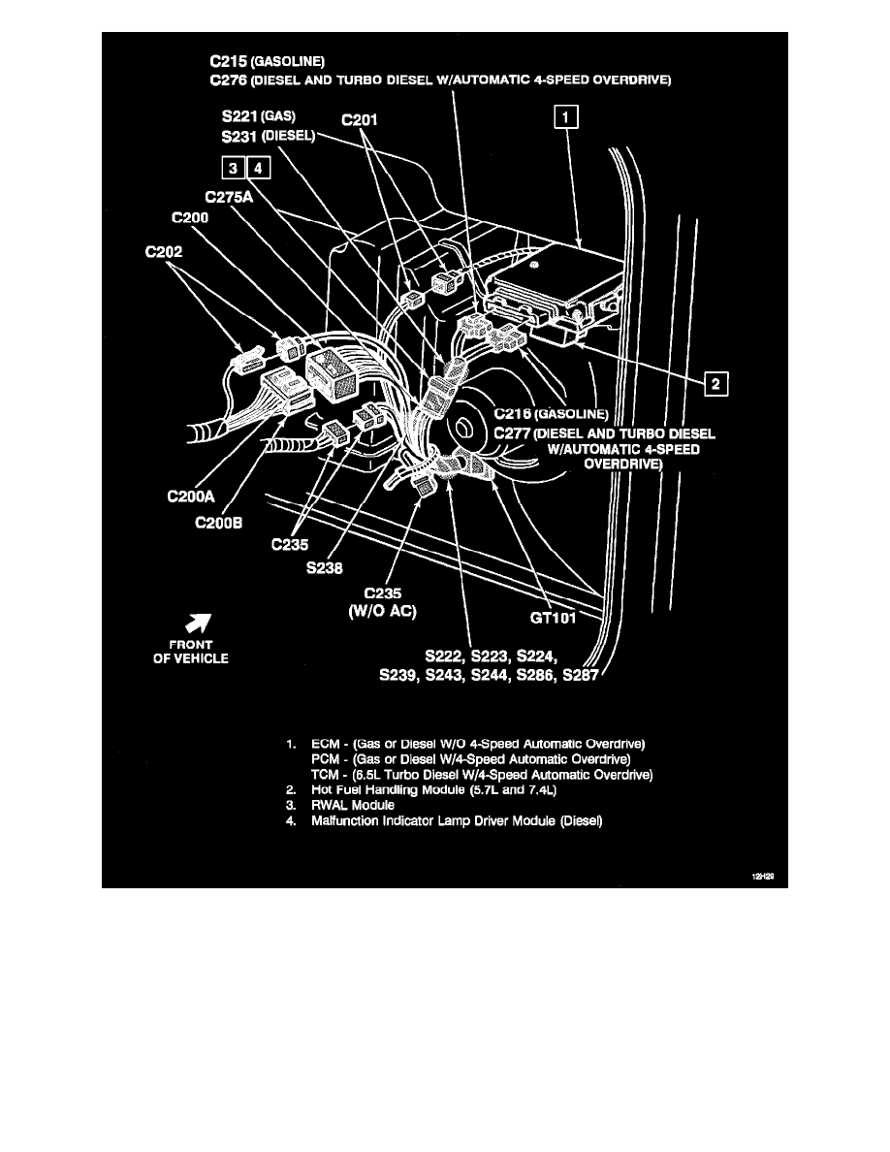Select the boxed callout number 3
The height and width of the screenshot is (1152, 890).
pyautogui.click(x=233, y=169)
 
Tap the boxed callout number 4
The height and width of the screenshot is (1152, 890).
pyautogui.click(x=259, y=169)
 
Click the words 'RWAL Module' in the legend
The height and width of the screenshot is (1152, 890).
pyautogui.click(x=353, y=805)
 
